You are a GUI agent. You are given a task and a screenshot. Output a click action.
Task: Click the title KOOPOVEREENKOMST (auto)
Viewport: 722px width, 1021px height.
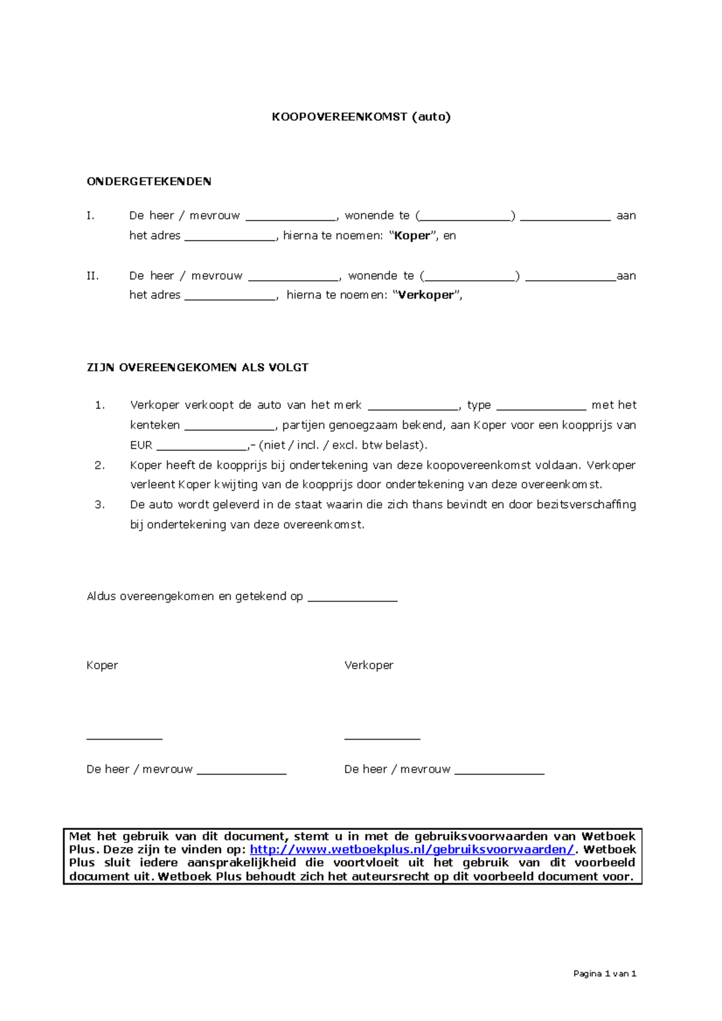click(361, 117)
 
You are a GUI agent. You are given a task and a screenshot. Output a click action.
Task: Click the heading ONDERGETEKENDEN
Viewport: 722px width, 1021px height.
click(149, 182)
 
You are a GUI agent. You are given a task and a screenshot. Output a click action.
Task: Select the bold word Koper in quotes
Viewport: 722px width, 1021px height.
click(412, 236)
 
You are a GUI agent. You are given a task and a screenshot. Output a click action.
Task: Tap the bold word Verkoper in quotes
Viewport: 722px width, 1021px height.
click(426, 295)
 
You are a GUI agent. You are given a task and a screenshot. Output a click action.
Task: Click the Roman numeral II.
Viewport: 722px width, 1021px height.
click(92, 276)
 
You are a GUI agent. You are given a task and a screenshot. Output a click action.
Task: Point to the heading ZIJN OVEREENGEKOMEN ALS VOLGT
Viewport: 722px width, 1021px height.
click(197, 367)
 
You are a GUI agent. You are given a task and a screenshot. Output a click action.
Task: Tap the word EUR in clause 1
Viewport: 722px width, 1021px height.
click(141, 446)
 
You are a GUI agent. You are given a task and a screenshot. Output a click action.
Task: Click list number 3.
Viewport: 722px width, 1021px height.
click(99, 505)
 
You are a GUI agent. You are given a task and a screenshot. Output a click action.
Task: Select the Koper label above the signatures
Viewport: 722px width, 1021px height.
click(102, 665)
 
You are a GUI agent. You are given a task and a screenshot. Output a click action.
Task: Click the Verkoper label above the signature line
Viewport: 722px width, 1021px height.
click(368, 665)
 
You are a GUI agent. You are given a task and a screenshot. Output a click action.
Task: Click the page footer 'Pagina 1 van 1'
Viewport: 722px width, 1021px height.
click(605, 973)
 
